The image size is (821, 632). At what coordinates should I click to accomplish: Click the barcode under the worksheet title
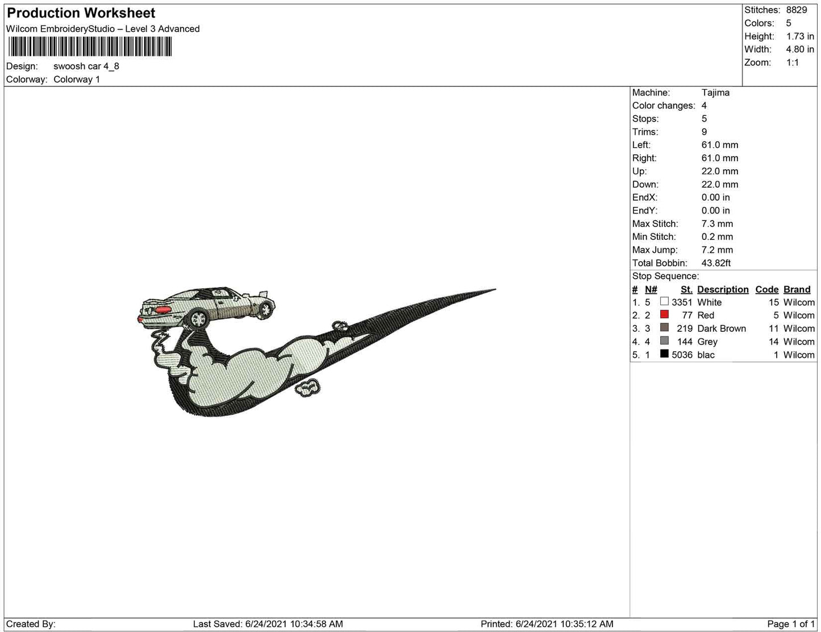coord(89,47)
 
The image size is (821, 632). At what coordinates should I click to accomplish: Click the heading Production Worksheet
coord(81,13)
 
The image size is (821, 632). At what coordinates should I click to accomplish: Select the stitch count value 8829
coord(797,10)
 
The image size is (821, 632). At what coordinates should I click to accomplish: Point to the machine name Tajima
coord(715,93)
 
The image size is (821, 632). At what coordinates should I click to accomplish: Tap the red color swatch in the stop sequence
coord(664,315)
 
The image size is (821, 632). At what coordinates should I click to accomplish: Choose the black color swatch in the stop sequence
coord(664,354)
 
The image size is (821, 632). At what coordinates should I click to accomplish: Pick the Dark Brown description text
coord(722,329)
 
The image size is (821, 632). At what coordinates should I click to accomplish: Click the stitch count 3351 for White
coord(682,302)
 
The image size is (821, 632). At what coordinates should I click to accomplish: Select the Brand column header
coord(797,289)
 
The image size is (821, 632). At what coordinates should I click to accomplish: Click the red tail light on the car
coord(162,310)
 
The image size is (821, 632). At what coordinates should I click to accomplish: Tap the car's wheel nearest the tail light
coord(199,319)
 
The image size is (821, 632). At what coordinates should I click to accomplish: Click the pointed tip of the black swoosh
coord(494,290)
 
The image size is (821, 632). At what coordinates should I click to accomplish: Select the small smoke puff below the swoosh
coord(308,388)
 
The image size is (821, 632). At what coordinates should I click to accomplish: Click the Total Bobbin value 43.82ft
coord(716,263)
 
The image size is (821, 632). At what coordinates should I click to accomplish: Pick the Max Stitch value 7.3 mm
coord(717,224)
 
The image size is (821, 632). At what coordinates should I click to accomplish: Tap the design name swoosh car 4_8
coord(86,66)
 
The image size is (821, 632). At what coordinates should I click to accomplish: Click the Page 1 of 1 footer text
coord(790,624)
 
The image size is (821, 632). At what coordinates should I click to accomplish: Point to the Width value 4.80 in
coord(800,49)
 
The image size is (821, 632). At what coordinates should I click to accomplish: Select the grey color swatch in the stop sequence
coord(664,341)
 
